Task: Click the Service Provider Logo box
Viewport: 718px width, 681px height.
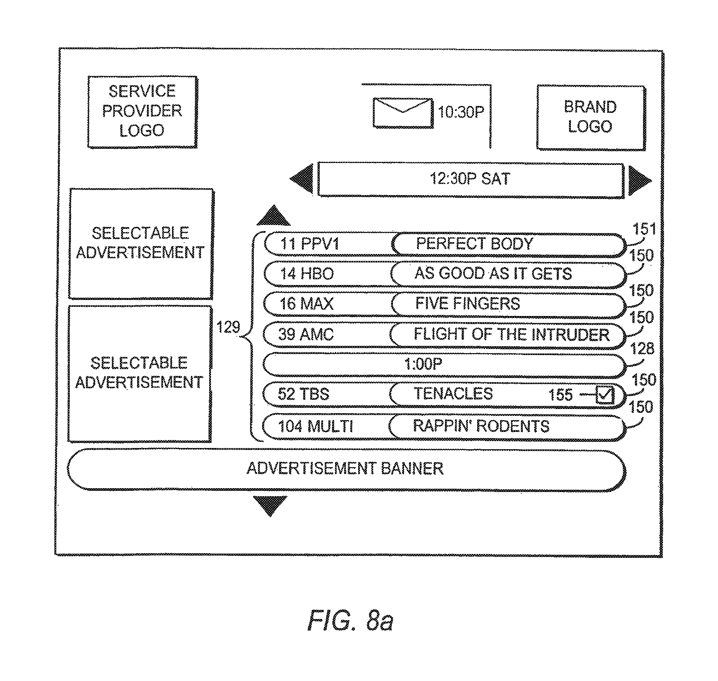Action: click(142, 111)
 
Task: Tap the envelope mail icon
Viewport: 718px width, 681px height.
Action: click(403, 112)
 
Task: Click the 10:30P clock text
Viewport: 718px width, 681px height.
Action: click(461, 112)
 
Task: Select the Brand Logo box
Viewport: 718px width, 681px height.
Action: click(590, 117)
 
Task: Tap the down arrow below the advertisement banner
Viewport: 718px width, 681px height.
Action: click(270, 505)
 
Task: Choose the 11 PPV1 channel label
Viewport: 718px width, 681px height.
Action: click(309, 244)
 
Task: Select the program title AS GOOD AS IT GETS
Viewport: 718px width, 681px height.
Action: click(493, 274)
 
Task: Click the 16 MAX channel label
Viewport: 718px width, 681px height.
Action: click(306, 304)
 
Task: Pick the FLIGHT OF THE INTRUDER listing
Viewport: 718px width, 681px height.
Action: click(511, 335)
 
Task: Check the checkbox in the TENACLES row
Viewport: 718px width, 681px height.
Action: click(605, 395)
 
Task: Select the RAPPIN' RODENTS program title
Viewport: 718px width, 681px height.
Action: click(481, 426)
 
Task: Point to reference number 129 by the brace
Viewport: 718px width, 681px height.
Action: click(228, 327)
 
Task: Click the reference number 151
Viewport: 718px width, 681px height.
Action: click(644, 229)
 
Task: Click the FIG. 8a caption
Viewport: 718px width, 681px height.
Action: click(350, 621)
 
